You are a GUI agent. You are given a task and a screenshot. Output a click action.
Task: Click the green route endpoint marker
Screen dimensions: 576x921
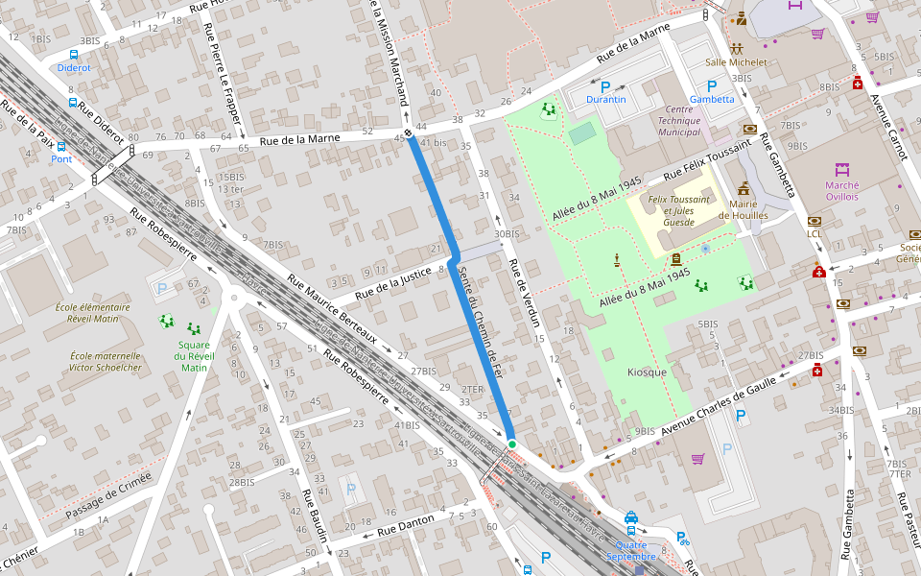tap(512, 444)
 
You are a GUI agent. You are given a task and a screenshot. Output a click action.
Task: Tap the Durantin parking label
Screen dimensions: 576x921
tap(606, 99)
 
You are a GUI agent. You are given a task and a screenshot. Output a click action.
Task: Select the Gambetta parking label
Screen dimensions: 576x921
tap(712, 99)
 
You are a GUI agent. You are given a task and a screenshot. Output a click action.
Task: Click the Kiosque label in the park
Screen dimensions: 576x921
tap(647, 372)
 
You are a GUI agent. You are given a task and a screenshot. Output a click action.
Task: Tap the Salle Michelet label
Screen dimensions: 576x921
tap(736, 62)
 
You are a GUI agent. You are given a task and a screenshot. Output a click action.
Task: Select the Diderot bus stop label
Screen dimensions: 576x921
tap(74, 68)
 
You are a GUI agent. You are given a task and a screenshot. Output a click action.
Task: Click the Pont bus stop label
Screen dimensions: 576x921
tap(61, 159)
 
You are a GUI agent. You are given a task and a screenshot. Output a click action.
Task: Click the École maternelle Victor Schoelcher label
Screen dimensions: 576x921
tap(106, 361)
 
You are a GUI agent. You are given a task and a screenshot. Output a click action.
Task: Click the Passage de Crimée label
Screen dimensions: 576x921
tap(108, 497)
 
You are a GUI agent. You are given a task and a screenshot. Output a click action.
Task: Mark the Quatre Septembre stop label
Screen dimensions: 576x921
tap(631, 550)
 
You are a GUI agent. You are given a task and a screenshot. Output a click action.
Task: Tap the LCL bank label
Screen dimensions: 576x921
tap(815, 233)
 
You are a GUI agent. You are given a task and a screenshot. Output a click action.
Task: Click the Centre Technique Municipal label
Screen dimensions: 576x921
tap(678, 120)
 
